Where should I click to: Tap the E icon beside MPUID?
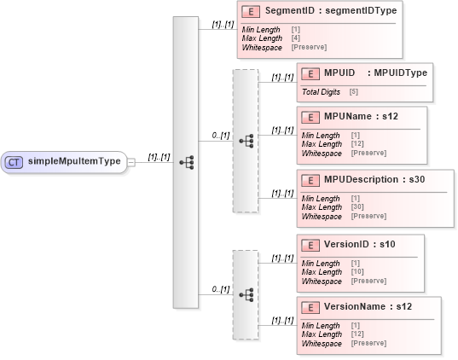[x=311, y=73]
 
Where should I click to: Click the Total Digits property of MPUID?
[x=322, y=90]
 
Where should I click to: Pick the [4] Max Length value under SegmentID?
[x=295, y=39]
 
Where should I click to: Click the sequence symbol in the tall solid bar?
[x=186, y=162]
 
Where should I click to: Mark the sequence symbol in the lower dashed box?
[x=246, y=294]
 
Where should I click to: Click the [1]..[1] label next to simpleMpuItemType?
[x=155, y=156]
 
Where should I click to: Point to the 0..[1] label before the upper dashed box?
[x=220, y=135]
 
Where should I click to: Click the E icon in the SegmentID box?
[x=251, y=11]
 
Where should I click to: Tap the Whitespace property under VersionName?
[x=322, y=343]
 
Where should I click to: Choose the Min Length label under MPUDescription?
[x=321, y=199]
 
